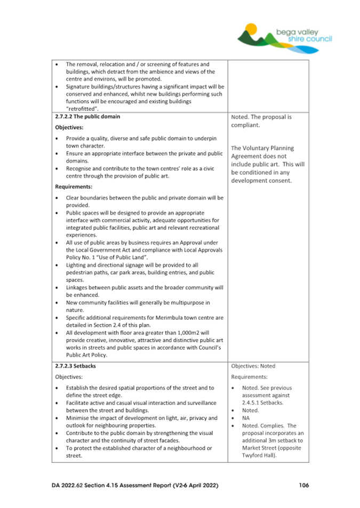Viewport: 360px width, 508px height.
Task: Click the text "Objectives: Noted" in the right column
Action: [x=253, y=366]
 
